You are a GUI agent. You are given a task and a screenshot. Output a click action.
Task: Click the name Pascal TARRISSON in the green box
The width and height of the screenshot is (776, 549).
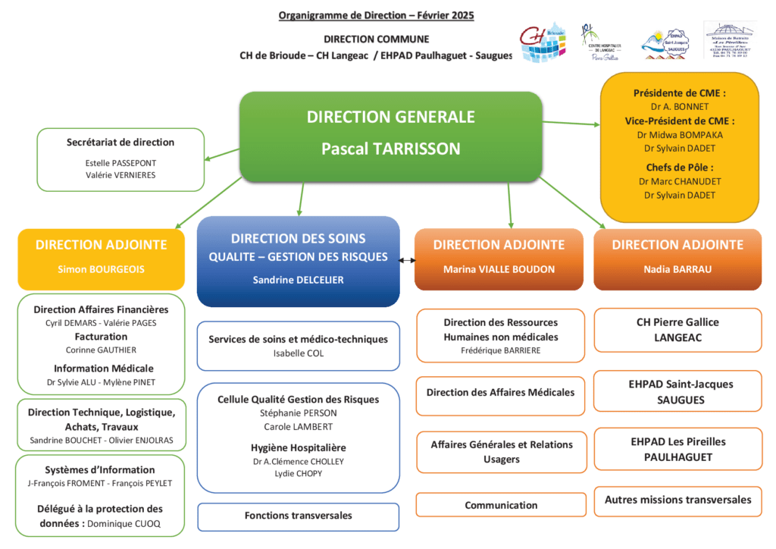tap(390, 149)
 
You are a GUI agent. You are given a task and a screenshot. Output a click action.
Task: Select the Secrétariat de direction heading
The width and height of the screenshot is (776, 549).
tap(120, 142)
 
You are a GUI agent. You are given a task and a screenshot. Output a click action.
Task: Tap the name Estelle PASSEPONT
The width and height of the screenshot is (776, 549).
tap(120, 162)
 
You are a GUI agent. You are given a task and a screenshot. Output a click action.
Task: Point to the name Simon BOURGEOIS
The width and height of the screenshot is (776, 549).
tap(101, 269)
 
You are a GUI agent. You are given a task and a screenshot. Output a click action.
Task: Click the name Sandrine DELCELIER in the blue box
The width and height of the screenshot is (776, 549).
tap(298, 280)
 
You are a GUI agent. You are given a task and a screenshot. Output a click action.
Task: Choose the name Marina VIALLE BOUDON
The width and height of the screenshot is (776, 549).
tap(499, 269)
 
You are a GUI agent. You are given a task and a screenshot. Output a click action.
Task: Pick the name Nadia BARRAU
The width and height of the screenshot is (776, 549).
tap(677, 269)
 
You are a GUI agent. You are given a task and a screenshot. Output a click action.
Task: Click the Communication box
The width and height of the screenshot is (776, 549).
tap(501, 505)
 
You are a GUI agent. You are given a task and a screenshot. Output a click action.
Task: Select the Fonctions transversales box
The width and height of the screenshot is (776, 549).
tap(298, 516)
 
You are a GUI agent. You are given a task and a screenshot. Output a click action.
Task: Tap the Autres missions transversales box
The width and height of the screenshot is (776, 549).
tap(677, 500)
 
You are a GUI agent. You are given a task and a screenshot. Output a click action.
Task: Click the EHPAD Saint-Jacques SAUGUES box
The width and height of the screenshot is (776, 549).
tap(677, 392)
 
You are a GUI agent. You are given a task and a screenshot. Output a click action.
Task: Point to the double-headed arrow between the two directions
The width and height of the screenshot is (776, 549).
tap(408, 261)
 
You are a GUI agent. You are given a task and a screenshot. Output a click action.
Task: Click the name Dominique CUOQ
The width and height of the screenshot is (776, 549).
tap(124, 523)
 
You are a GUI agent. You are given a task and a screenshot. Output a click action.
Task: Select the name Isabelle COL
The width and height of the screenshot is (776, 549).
tap(298, 353)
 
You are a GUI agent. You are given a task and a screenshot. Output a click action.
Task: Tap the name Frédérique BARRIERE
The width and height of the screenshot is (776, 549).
tap(501, 350)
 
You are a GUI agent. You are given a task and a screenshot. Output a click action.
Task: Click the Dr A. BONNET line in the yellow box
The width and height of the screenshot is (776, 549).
tap(679, 107)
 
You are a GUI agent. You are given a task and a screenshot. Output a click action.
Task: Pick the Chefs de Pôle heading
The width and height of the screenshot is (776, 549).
tap(679, 168)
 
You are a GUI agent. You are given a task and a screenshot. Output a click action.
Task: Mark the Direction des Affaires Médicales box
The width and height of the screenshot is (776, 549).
tap(501, 393)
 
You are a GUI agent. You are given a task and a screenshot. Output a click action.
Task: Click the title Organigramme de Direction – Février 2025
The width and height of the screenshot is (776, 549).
tap(377, 15)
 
